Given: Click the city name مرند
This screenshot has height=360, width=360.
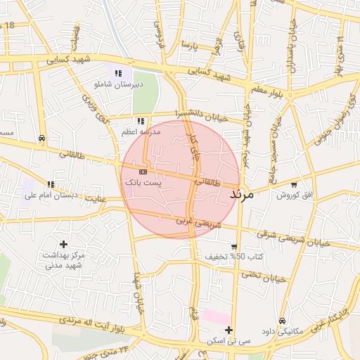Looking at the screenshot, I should tap(247, 195).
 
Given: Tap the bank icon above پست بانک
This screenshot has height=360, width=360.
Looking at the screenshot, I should tap(143, 172).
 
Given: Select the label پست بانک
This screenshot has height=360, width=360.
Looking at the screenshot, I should tap(143, 182).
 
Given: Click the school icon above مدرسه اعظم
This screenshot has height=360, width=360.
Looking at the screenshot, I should tap(141, 121).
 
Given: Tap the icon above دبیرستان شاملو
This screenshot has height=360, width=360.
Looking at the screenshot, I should tap(118, 73).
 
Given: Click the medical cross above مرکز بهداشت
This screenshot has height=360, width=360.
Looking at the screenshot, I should tap(63, 243).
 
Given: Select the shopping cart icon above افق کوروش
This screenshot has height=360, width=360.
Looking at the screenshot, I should tap(293, 184).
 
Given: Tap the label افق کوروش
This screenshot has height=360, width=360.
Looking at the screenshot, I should tap(288, 195).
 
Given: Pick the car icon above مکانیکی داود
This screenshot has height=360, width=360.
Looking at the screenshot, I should tap(282, 321).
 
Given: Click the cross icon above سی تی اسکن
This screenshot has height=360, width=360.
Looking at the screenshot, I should tap(229, 330).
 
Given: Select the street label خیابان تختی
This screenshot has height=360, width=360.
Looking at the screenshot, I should tap(264, 276).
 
